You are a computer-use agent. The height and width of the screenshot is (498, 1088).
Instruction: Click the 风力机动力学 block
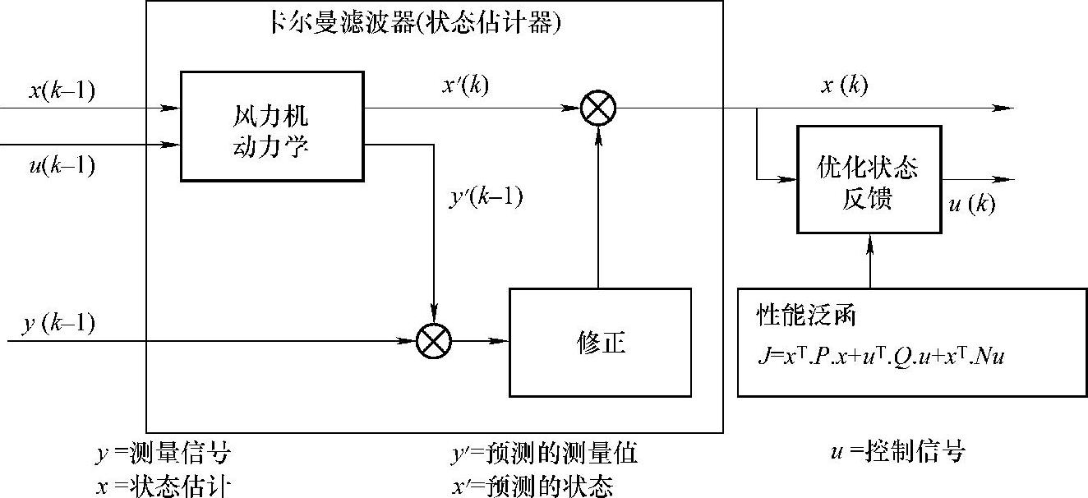[x=270, y=126]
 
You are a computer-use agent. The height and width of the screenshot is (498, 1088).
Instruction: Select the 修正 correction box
[x=600, y=342]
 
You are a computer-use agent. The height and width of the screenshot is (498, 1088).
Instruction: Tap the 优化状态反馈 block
[x=868, y=179]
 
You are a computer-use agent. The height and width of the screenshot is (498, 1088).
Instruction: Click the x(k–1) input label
[x=62, y=89]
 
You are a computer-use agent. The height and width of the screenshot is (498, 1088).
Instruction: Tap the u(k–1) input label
[x=62, y=166]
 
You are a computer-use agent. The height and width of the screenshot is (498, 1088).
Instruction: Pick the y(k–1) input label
[x=58, y=323]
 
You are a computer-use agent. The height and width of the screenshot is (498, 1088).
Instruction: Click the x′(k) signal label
[x=465, y=85]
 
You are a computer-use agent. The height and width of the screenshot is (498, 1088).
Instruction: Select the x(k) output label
[x=844, y=85]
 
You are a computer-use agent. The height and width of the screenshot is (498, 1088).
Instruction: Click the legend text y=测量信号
[x=164, y=453]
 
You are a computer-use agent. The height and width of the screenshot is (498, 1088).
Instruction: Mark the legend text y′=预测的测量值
[x=544, y=453]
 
